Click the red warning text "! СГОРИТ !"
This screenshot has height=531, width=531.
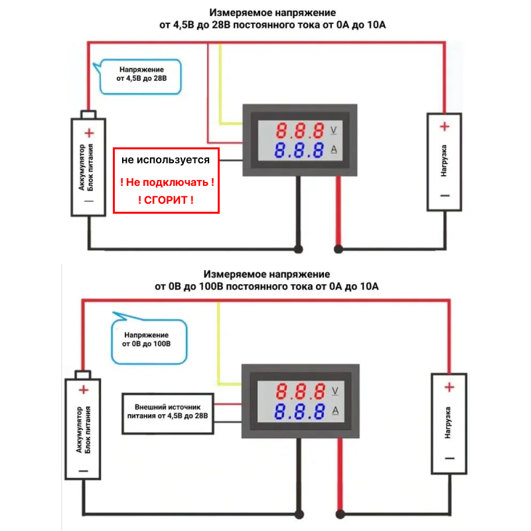166,199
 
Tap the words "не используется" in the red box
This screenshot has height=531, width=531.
165,160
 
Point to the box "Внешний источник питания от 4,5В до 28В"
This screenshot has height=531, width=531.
167,412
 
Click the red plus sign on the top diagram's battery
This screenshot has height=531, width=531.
88,132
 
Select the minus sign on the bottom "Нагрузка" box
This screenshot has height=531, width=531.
449,459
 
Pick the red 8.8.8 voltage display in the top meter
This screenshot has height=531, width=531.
301,129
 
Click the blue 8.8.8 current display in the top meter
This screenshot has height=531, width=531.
301,149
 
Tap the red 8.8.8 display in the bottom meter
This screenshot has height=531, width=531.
301,390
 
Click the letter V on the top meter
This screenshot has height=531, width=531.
334,129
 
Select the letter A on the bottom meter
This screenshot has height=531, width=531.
334,410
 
